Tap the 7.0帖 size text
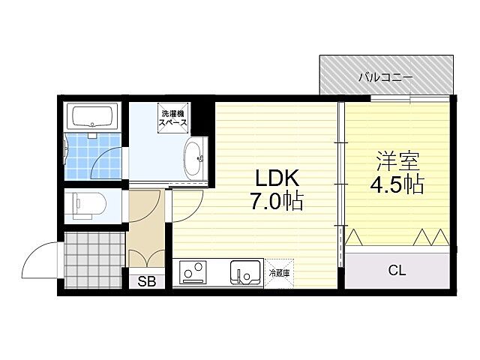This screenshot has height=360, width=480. click(278, 202)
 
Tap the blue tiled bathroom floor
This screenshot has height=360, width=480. click(93, 159)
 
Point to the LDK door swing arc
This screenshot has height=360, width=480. click(187, 204)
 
